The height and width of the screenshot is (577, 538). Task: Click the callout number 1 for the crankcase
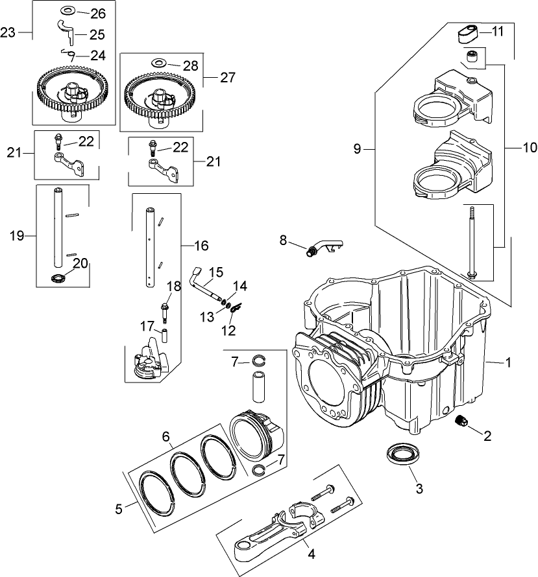click(x=508, y=362)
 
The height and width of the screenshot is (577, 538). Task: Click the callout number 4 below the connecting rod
click(x=312, y=554)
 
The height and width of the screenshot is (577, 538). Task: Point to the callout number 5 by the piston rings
click(x=118, y=508)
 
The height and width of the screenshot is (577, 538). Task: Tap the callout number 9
click(x=358, y=149)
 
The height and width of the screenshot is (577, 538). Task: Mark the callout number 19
click(x=17, y=235)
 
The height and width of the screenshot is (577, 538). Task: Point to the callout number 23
click(x=8, y=32)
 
